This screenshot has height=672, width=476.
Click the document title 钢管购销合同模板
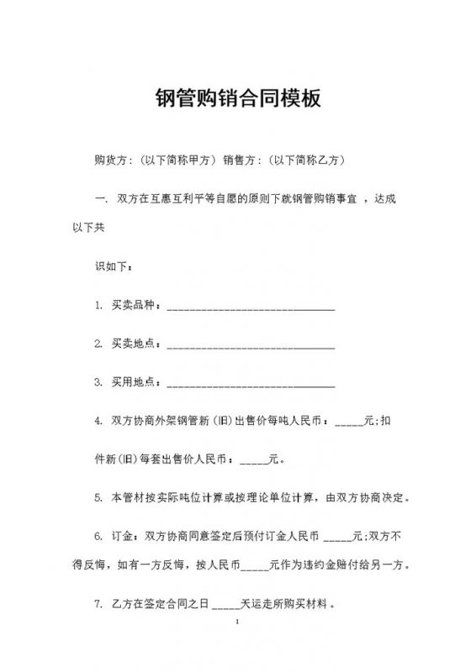point(238,99)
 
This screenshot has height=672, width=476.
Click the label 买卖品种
point(134,307)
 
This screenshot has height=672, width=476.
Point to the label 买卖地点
point(134,344)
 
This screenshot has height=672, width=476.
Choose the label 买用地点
point(134,381)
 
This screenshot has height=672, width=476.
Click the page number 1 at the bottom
point(238,622)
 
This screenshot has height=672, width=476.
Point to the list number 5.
point(98,497)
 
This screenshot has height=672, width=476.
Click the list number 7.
point(98,602)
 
